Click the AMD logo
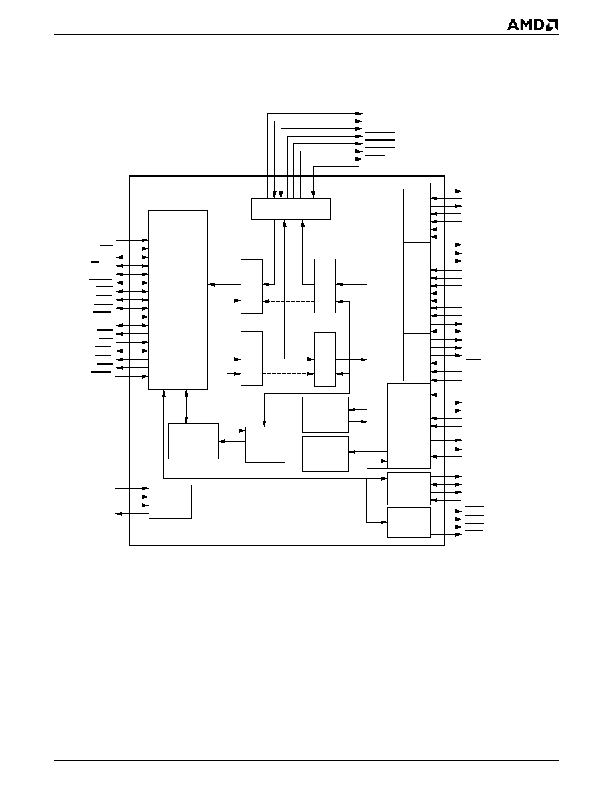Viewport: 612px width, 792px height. [x=533, y=25]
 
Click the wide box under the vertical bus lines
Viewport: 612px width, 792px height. [x=291, y=209]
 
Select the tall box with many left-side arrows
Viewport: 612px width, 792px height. [x=178, y=300]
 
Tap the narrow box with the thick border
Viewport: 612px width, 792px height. [x=251, y=286]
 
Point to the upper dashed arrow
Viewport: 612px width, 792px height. [x=288, y=301]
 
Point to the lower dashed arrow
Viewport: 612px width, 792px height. [x=288, y=374]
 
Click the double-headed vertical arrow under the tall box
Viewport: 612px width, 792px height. [x=186, y=407]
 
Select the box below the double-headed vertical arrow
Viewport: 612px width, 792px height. [x=193, y=441]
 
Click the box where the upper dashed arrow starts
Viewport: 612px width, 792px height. [x=325, y=286]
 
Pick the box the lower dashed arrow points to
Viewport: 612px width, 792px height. [x=325, y=359]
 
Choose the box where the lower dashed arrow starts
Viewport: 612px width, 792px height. [x=251, y=359]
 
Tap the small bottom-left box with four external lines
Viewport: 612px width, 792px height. [x=170, y=501]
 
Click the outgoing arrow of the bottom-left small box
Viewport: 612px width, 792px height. [x=132, y=514]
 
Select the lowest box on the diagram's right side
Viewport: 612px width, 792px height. [x=409, y=523]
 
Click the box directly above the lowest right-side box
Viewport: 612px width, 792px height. [x=409, y=489]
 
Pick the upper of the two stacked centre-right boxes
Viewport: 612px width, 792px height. [x=325, y=415]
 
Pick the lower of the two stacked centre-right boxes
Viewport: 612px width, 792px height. [x=325, y=454]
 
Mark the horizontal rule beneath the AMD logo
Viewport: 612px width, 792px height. [x=307, y=35]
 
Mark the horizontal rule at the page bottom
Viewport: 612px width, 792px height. [x=307, y=760]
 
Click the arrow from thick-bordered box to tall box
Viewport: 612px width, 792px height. [x=224, y=285]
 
